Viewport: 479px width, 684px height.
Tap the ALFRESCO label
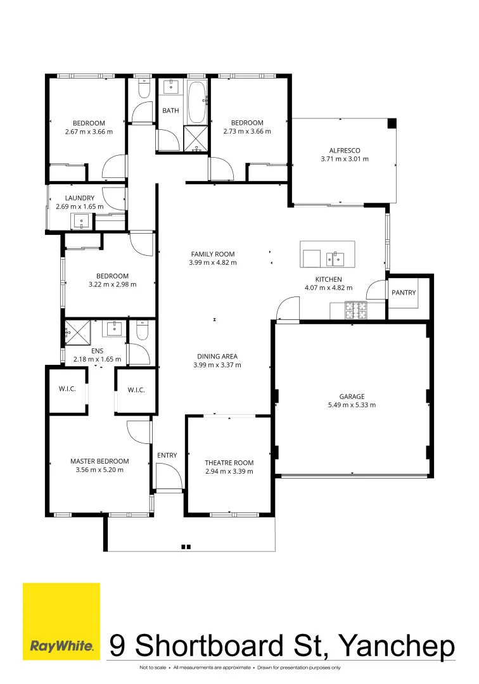345,151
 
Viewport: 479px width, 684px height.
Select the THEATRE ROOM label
229,463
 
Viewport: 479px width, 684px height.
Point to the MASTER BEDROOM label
99,461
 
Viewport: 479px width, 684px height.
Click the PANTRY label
404,293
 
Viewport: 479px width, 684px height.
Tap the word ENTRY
167,455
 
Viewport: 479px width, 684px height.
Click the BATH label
170,111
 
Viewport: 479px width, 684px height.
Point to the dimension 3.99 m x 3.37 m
217,365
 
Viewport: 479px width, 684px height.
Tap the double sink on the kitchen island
335,258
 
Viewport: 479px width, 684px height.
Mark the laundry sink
82,221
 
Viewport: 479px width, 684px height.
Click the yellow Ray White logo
61,621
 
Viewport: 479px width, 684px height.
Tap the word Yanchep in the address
397,646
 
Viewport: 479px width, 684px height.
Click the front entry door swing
165,475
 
